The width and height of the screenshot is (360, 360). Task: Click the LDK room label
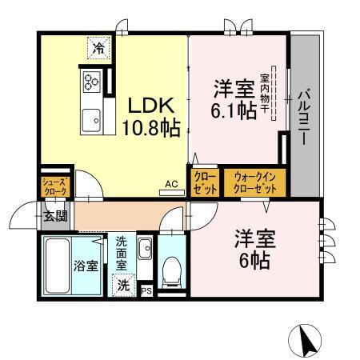pos(148,105)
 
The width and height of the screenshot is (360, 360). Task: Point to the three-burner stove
pos(90,82)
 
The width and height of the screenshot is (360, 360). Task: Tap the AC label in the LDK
pos(170,183)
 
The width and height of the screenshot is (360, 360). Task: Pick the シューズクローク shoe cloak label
pos(56,187)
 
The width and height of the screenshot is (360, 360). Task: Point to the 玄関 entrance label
pos(54,215)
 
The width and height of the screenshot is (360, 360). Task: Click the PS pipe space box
pos(146,291)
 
